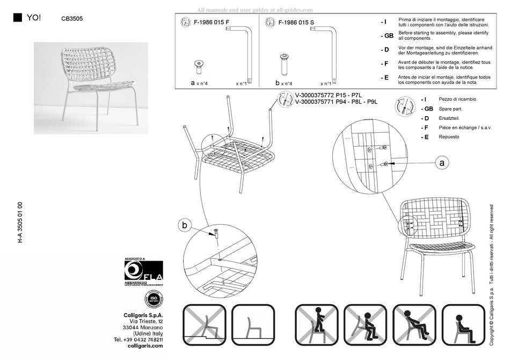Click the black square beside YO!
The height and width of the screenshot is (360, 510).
18,17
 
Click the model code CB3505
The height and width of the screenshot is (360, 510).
72,18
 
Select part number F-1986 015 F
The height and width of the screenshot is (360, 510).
212,22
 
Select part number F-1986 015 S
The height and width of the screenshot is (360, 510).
297,22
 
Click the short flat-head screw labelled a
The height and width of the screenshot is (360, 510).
199,67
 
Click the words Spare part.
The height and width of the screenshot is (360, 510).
451,109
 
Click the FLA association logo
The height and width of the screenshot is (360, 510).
143,271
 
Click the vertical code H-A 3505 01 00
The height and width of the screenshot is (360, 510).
20,222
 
